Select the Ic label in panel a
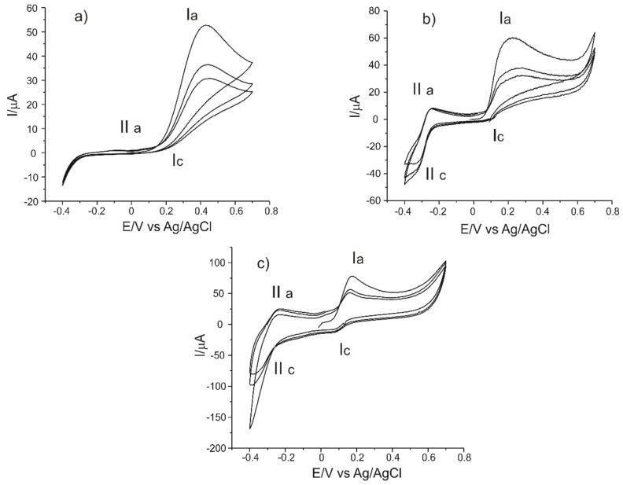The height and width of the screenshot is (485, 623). [x=180, y=161]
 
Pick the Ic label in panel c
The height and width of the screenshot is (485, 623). [x=345, y=348]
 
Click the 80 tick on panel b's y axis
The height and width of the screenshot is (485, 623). [x=370, y=11]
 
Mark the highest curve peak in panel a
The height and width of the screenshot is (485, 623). [x=206, y=26]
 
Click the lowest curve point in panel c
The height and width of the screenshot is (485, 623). [x=250, y=428]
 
